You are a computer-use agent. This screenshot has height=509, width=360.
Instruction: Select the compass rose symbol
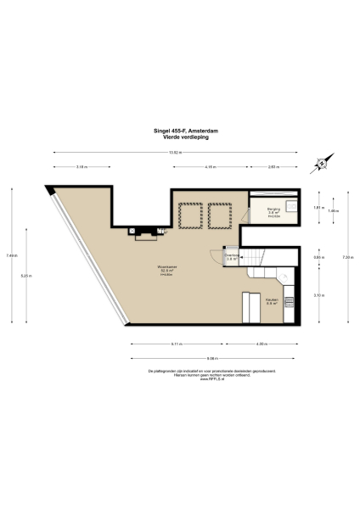(x=319, y=165)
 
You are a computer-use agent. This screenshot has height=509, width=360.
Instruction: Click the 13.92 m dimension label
(x=175, y=152)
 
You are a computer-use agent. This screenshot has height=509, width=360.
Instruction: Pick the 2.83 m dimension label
(x=273, y=167)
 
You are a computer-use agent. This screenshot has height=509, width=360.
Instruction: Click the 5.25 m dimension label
(x=27, y=275)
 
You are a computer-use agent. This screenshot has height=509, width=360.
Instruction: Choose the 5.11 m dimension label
(x=176, y=344)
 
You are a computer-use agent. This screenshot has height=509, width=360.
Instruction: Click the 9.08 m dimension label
(x=211, y=358)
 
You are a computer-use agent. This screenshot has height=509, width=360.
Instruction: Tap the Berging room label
(x=273, y=210)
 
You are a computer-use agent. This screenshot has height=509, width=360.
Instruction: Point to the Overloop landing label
(x=231, y=256)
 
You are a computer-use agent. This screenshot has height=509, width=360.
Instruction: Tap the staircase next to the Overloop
(x=256, y=256)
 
